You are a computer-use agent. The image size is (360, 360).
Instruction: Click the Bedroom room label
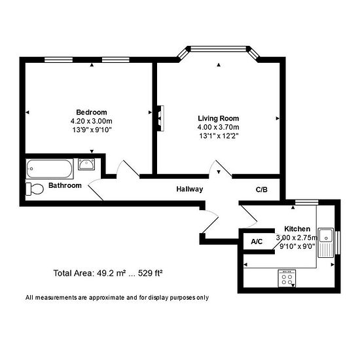pos(91,112)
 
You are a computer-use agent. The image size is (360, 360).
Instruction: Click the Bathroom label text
pos(65,186)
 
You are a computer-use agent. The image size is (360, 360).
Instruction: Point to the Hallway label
pos(189,189)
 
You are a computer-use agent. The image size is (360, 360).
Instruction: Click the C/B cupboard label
pos(262,189)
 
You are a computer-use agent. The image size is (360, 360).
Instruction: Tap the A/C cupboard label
pos(257,242)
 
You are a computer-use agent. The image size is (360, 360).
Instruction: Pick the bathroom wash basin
pos(86,165)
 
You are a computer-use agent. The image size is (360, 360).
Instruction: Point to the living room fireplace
pos(158,118)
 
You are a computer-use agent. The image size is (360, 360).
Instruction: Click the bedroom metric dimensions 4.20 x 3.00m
pos(91,121)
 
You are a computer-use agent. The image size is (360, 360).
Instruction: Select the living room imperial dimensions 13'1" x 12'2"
pos(218,136)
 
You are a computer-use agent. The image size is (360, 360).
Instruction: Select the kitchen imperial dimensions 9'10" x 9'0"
pos(297,247)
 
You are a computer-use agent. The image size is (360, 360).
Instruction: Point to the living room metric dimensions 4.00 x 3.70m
pos(218,127)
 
